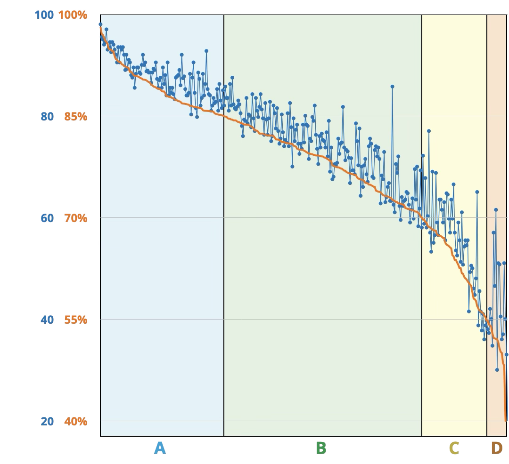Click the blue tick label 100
(44, 15)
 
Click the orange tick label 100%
(73, 15)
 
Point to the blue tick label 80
(47, 116)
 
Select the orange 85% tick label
(75, 116)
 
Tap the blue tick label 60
(47, 218)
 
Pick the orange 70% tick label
(75, 218)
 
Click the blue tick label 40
(47, 320)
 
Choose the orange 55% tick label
(75, 320)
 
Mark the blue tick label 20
(47, 422)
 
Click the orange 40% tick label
(75, 422)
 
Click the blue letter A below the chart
(160, 448)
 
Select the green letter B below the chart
(320, 448)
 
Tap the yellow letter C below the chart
(453, 448)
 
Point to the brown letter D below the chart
(497, 448)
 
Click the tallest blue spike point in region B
(392, 87)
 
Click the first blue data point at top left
(100, 24)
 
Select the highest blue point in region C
(429, 131)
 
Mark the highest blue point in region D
(496, 210)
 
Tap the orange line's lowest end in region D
(506, 420)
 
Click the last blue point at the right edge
(507, 354)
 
